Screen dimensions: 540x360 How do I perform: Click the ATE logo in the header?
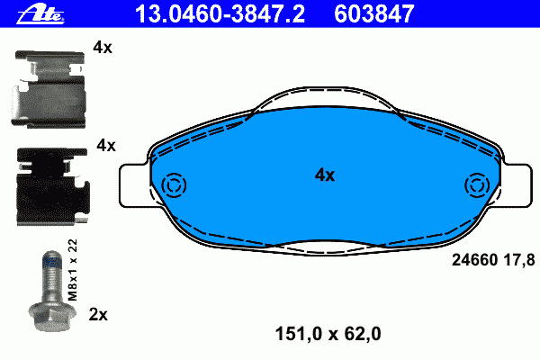(x=40, y=14)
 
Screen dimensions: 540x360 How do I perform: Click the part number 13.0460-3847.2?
(x=220, y=13)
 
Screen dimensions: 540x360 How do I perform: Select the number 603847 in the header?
(x=374, y=13)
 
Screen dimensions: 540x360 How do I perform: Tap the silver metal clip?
(x=49, y=89)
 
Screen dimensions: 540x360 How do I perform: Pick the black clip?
(x=53, y=186)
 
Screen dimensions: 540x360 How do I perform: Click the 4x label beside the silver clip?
(x=103, y=47)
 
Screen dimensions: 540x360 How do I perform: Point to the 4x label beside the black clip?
(x=106, y=146)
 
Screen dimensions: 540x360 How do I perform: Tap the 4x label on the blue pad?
(x=325, y=175)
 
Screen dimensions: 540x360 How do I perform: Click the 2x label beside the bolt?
(x=98, y=314)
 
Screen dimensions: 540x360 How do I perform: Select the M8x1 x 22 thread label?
(x=73, y=270)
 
